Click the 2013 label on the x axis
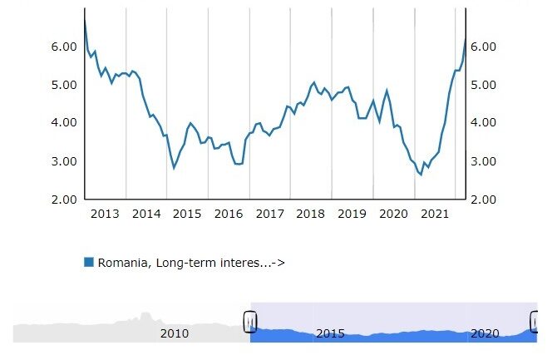tap(105, 215)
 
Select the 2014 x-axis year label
tap(146, 215)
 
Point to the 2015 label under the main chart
tap(187, 215)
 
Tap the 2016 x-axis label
tap(229, 215)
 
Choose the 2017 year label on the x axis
tap(269, 215)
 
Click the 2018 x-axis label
tap(311, 215)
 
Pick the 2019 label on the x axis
tap(352, 215)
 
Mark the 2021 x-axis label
tap(434, 215)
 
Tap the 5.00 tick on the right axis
tap(486, 85)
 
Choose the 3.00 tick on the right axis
tap(486, 161)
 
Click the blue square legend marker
tap(89, 263)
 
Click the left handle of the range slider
tap(250, 322)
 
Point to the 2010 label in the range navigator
tap(175, 334)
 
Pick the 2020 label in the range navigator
tap(485, 334)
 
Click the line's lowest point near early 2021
tap(421, 175)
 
